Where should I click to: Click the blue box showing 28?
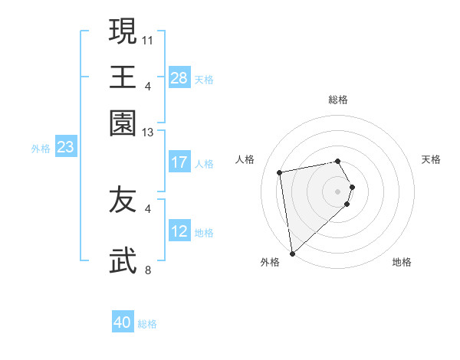pos(179,78)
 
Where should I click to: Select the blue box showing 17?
pos(179,162)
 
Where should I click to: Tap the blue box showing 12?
pos(179,231)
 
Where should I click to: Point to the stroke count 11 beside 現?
pos(148,38)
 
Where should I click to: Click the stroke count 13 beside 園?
pos(148,133)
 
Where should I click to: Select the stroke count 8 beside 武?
pos(148,270)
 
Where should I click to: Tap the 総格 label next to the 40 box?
pos(147,324)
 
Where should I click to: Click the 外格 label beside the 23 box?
pos(41,149)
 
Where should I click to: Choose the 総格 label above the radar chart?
pos(338,100)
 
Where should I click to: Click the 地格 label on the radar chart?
pos(402,262)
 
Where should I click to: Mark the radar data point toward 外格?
pos(292,254)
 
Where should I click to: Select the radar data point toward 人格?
pos(280,172)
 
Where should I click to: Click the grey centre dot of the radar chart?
pos(338,190)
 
